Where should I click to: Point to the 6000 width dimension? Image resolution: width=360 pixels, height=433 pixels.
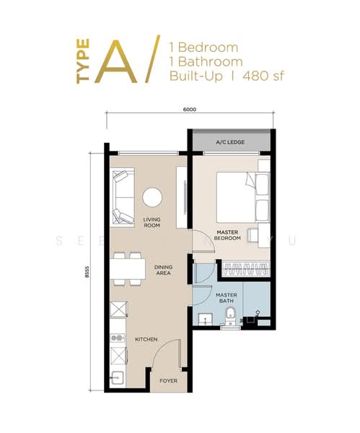(x=189, y=110)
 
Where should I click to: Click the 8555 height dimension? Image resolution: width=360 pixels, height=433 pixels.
(x=87, y=274)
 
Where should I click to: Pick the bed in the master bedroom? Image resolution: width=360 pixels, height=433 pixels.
(x=237, y=197)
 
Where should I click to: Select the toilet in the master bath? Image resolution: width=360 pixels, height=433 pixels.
(x=229, y=314)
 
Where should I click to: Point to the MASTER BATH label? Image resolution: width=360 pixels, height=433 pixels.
(x=227, y=297)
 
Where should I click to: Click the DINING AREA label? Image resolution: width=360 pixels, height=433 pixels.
(x=163, y=270)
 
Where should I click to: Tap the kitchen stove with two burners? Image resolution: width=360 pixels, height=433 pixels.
(x=116, y=338)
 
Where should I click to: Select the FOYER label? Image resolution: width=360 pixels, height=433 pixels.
(x=168, y=380)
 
